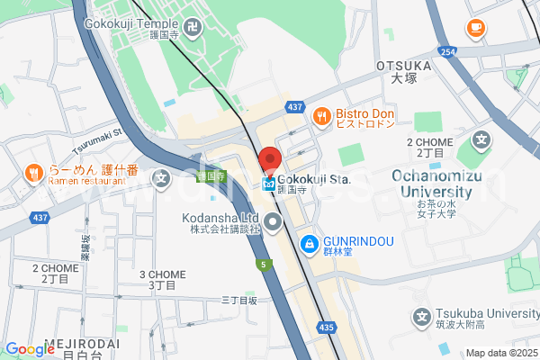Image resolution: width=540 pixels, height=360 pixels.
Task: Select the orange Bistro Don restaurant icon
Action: tap(320, 114)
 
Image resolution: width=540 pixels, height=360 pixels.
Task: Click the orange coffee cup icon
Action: tap(474, 29)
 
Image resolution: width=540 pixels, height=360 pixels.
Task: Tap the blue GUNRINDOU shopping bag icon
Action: tap(309, 242)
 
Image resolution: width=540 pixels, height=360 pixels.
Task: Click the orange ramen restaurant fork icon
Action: tap(33, 172)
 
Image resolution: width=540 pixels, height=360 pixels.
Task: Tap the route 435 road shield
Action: tap(326, 327)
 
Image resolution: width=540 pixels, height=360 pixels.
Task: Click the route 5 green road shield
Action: tap(262, 265)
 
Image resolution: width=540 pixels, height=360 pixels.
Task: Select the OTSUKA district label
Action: tap(404, 66)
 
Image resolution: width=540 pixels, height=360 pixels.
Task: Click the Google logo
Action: tap(30, 349)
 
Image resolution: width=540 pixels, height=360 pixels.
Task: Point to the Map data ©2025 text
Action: tap(500, 353)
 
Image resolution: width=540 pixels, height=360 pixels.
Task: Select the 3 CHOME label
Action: tap(162, 274)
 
